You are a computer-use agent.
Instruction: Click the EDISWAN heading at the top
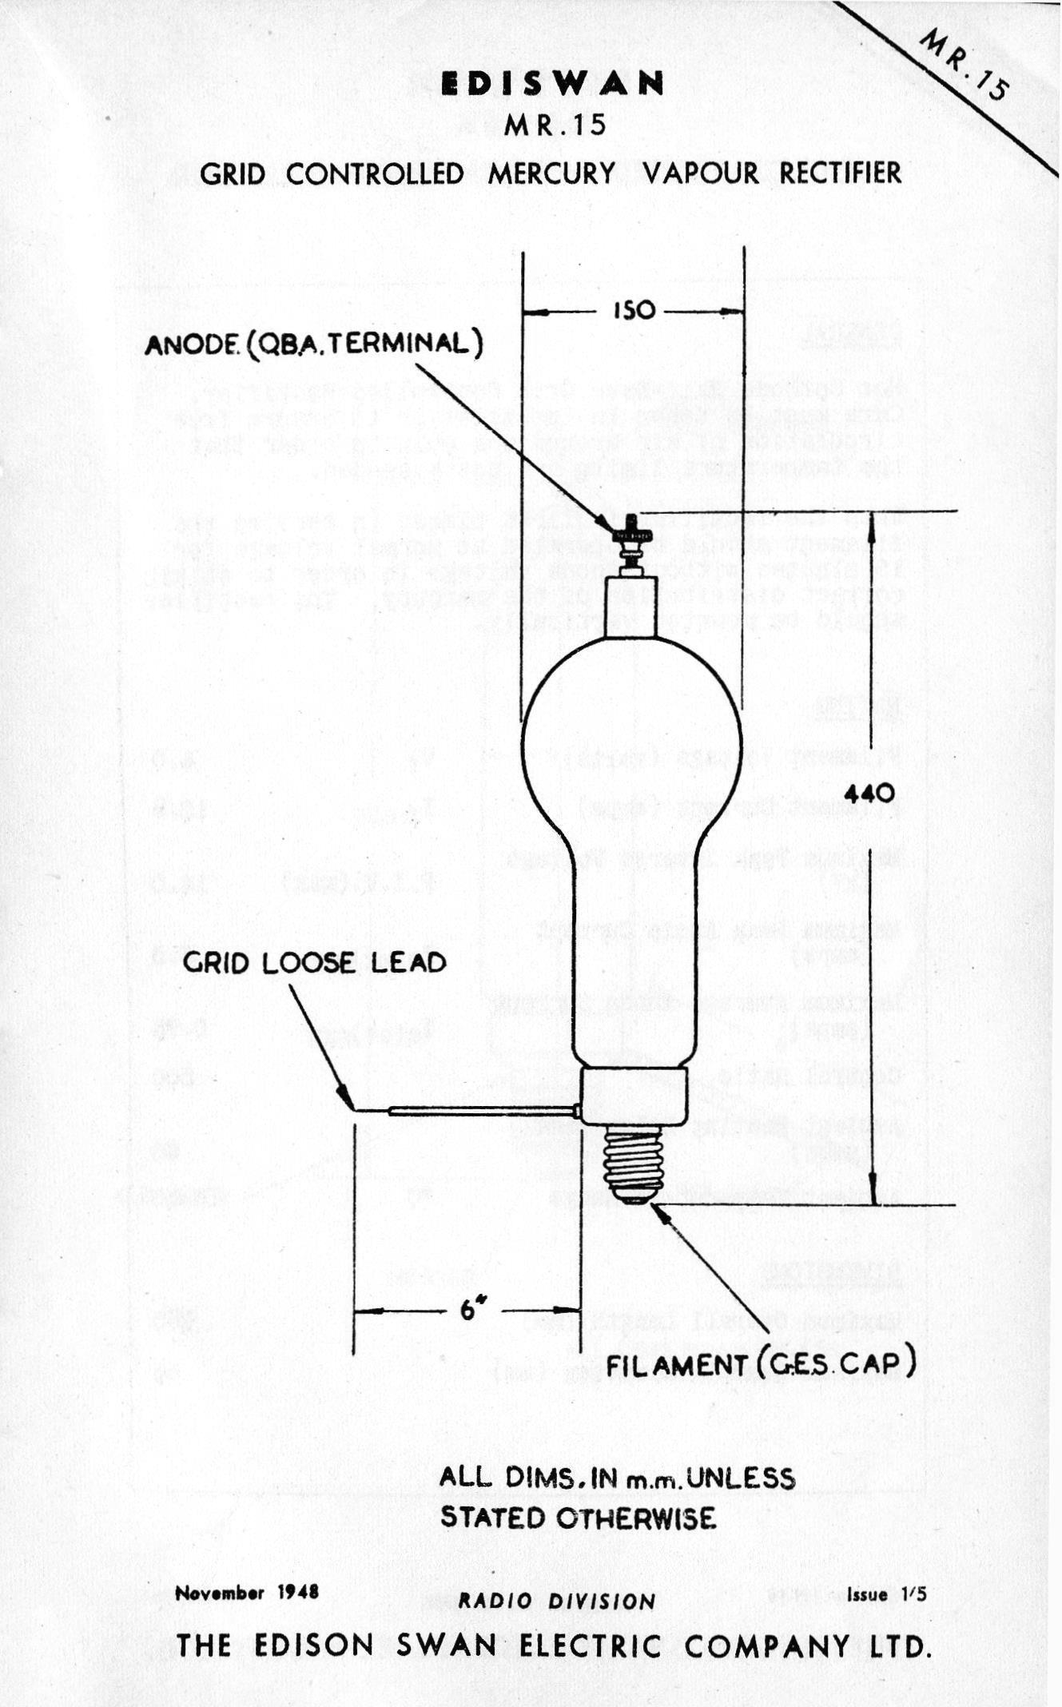click(x=552, y=84)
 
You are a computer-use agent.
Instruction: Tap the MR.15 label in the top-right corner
click(x=964, y=66)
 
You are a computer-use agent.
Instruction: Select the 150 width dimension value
click(x=634, y=311)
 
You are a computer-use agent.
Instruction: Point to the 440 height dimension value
click(x=869, y=794)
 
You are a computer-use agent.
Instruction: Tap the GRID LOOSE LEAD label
click(x=314, y=962)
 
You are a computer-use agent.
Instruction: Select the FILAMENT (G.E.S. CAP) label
click(x=760, y=1365)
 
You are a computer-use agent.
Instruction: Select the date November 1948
click(x=247, y=1592)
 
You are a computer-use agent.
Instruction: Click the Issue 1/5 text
click(x=887, y=1594)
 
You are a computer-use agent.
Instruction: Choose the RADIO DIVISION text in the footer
click(x=557, y=1602)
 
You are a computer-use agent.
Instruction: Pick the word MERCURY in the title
click(x=551, y=173)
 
